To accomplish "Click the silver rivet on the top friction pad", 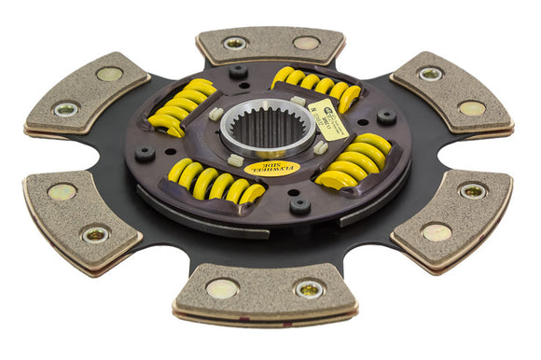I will [x=234, y=43].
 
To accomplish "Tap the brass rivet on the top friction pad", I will [x=306, y=42].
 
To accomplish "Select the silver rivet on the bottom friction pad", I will [x=308, y=290].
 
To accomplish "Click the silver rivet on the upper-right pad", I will [x=430, y=73].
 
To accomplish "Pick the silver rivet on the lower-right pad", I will [x=472, y=191].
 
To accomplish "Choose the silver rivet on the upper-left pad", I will [x=66, y=109].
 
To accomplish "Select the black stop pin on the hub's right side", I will [x=385, y=118].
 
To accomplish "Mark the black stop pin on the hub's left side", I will [x=146, y=153].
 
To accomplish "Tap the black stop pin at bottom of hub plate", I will [x=299, y=205].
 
